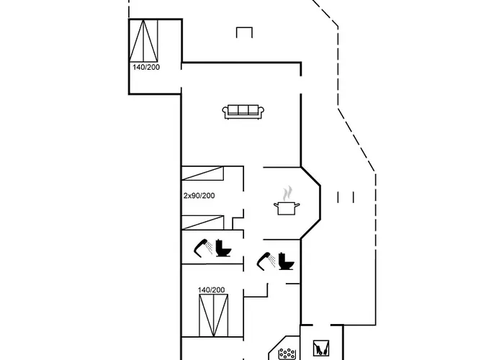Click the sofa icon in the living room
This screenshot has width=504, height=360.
pos(243,112)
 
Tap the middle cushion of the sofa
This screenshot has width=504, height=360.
pos(243,110)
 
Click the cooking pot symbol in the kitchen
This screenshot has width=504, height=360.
pos(287,208)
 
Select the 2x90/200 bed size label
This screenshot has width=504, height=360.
pos(199,196)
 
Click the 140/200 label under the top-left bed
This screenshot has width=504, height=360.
pos(146,67)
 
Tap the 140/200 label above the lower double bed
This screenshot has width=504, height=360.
pos(211,290)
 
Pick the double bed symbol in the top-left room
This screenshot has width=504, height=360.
pos(143,40)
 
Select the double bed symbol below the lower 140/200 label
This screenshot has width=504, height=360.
pos(213,315)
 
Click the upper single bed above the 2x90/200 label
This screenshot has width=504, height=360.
pos(202,173)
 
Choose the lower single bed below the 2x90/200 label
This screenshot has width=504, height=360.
pos(202,222)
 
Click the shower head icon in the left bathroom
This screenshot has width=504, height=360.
pos(203,248)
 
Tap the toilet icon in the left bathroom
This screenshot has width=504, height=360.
pos(223,248)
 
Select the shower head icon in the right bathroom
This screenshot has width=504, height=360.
pos(266,261)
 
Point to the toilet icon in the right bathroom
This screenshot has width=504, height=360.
pos(286,261)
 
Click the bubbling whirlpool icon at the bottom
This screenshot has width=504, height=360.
pos(287,354)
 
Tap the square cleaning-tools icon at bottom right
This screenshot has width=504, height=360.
pos(321,348)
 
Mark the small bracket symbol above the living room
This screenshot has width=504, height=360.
pos(244,32)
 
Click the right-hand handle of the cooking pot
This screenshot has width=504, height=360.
pos(297,205)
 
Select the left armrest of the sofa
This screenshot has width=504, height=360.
pos(225,112)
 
